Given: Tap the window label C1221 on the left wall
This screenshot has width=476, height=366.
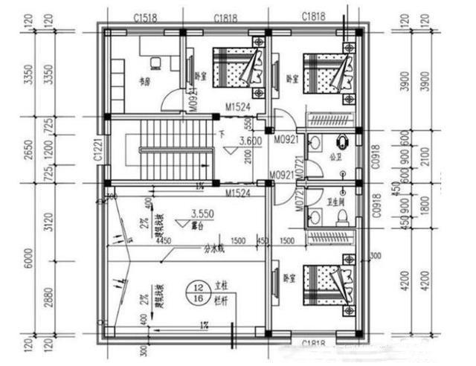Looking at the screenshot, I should pos(97,151).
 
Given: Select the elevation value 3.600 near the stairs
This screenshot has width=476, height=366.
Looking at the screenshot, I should pos(250,140).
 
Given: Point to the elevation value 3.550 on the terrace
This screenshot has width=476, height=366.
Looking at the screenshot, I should pos(202,212).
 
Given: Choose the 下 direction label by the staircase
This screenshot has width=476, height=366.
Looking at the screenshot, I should pos(221,135).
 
